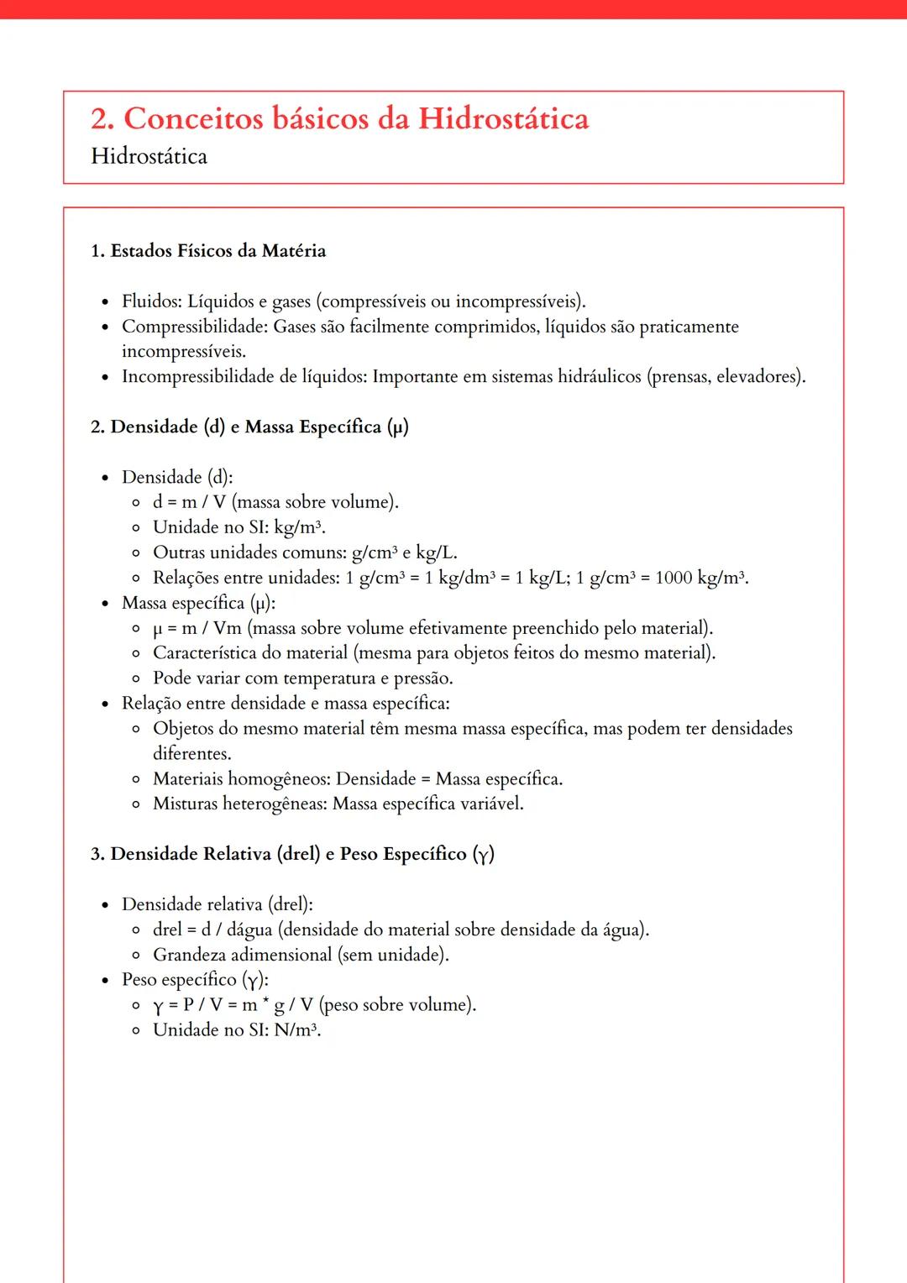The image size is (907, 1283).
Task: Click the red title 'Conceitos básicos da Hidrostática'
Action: click(x=356, y=119)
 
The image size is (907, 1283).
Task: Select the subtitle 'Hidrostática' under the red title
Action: click(x=149, y=157)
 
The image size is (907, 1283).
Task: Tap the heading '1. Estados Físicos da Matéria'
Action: click(x=208, y=251)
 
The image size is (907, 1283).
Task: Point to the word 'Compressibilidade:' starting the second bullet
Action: click(x=195, y=327)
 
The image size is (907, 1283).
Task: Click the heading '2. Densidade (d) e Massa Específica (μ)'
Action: click(x=249, y=427)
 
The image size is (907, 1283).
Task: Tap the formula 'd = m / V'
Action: click(x=189, y=502)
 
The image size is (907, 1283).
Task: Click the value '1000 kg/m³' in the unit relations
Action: click(x=700, y=578)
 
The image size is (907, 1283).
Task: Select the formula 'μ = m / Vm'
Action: click(x=197, y=628)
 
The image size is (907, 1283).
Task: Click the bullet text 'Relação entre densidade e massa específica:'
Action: click(x=286, y=704)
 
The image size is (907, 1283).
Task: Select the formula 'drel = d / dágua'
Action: click(x=212, y=930)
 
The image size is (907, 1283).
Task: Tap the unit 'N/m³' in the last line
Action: click(x=296, y=1030)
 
